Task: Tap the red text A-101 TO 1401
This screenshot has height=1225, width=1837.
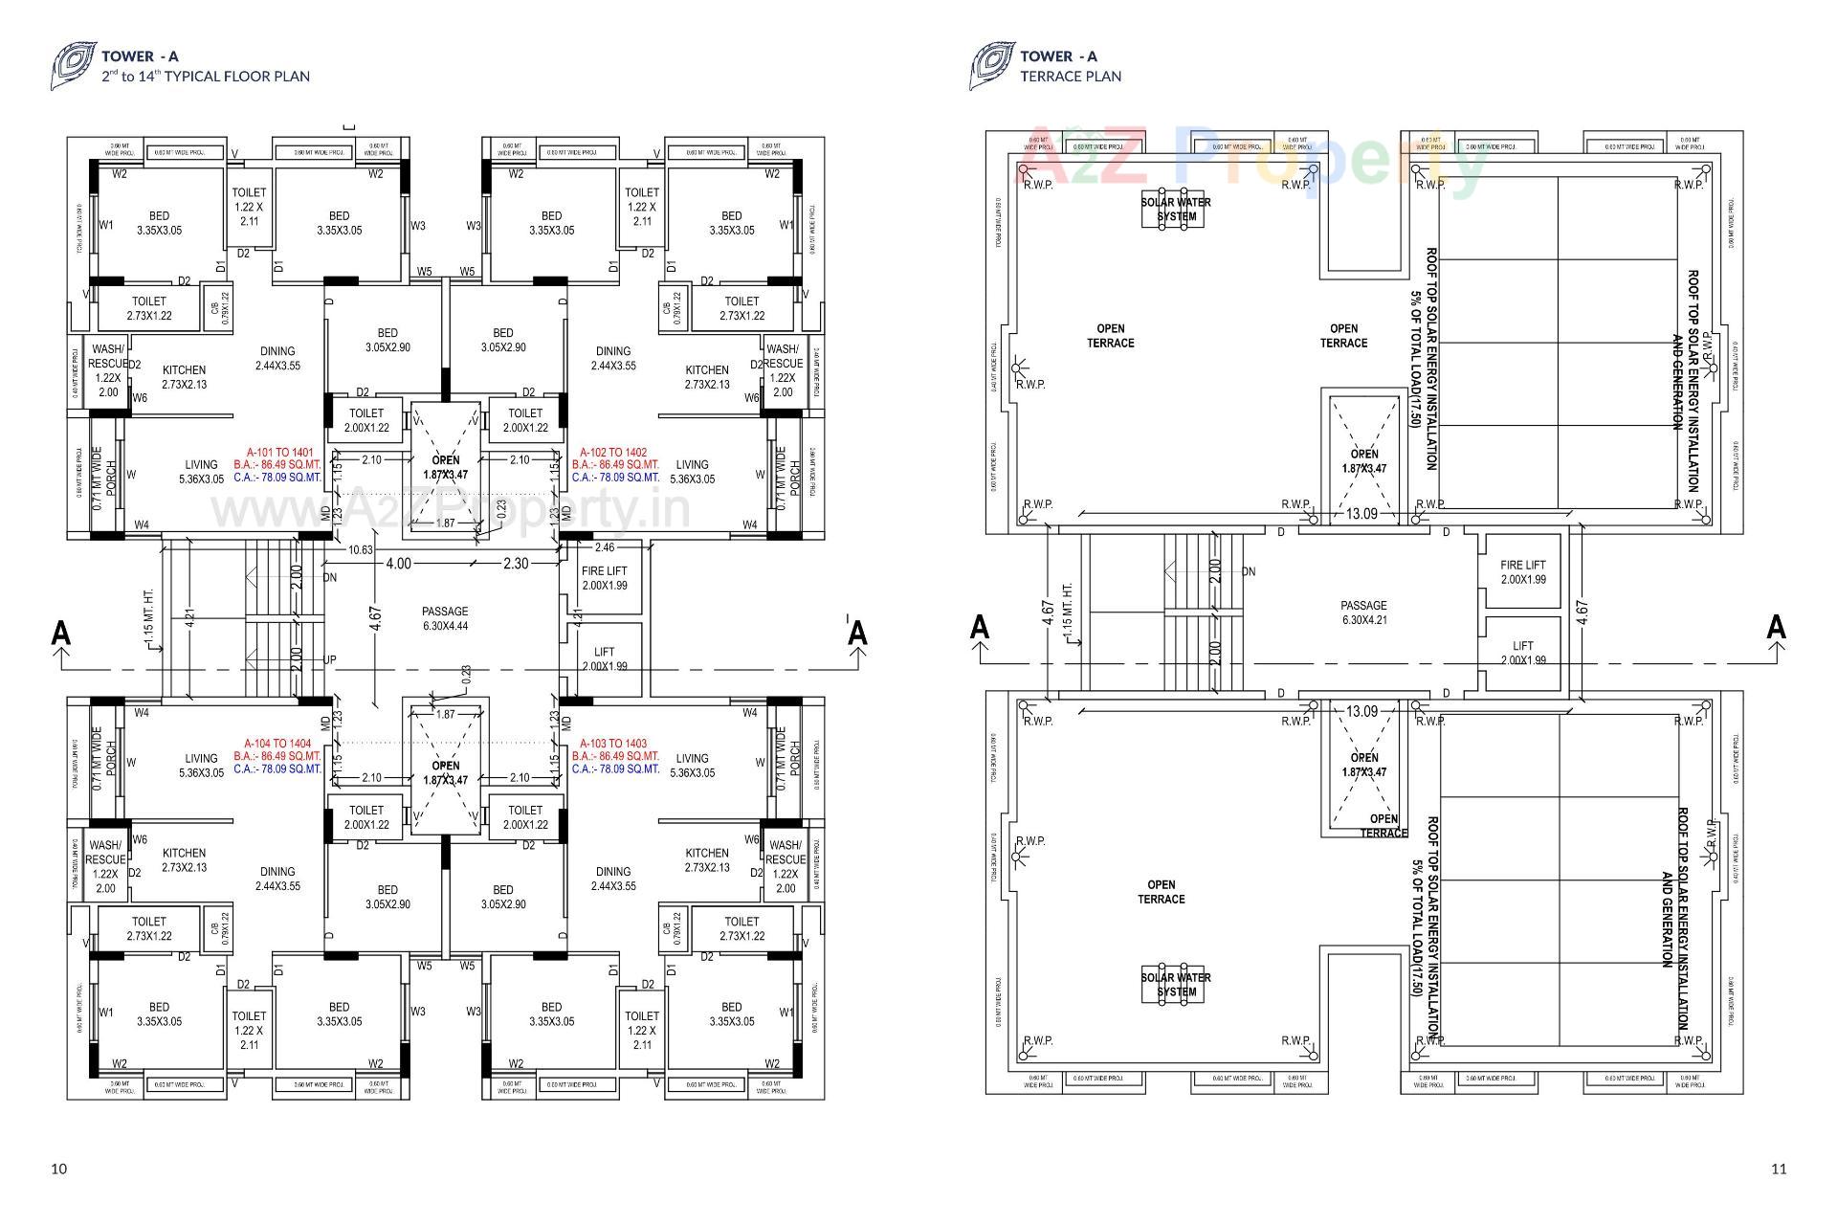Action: [x=279, y=452]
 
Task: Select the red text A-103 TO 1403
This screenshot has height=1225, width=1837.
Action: [x=613, y=744]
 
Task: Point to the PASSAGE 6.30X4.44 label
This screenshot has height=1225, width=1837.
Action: [x=445, y=618]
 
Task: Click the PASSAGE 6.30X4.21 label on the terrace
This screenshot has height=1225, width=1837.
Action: [x=1363, y=612]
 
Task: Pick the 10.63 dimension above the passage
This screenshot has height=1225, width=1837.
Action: [x=361, y=549]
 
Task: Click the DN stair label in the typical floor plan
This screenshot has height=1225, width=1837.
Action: [x=330, y=578]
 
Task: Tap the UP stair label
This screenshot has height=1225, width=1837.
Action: [x=330, y=660]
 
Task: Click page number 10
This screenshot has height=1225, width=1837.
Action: [x=59, y=1169]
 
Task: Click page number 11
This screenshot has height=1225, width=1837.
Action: [x=1779, y=1169]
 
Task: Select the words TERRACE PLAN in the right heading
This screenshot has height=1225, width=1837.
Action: [x=1071, y=77]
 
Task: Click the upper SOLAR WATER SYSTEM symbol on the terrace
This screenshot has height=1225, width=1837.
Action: [x=1176, y=210]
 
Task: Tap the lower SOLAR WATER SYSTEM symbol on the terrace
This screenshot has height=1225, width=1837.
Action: [x=1176, y=985]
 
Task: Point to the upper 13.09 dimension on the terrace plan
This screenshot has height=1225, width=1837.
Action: [x=1361, y=514]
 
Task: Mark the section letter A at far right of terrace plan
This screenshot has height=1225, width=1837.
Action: [x=1776, y=628]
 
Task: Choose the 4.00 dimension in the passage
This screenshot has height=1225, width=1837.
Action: [x=398, y=564]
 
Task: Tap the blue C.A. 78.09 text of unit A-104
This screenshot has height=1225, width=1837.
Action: [x=277, y=768]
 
